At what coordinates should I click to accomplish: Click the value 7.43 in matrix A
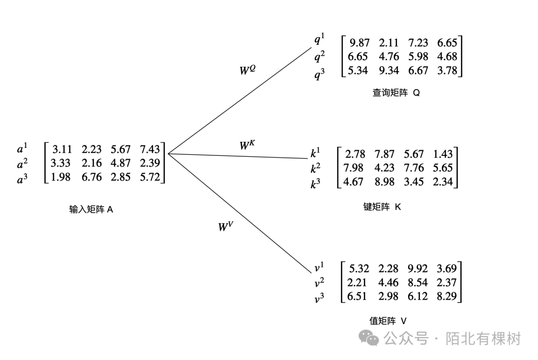(150, 149)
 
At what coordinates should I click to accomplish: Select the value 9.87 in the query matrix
(360, 43)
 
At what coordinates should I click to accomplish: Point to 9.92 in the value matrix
(417, 269)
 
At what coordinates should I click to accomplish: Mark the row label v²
(319, 283)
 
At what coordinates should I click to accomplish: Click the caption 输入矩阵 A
(91, 210)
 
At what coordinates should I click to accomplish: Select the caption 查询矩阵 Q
(396, 93)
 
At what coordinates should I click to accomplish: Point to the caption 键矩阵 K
(382, 207)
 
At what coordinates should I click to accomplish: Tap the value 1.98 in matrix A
(60, 177)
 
